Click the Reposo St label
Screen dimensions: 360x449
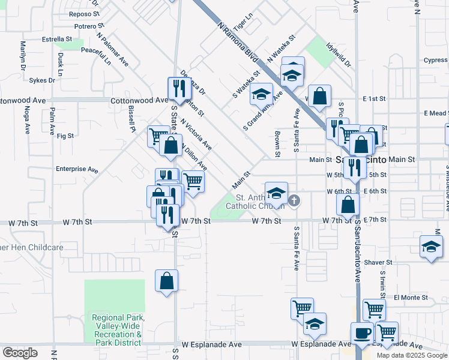tap(84, 13)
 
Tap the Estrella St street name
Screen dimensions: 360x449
tap(57, 39)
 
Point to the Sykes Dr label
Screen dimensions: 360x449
tap(42, 80)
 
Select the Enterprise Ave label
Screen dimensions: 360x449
tap(76, 170)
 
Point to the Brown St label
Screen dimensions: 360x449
tap(278, 145)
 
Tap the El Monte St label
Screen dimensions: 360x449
tap(411, 298)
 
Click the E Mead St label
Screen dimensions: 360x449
tap(435, 113)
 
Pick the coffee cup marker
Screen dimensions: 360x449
tap(363, 333)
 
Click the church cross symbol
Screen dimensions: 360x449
tap(294, 200)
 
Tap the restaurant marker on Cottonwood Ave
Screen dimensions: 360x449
tap(179, 89)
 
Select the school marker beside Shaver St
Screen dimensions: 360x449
tap(431, 247)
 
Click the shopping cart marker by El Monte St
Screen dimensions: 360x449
tap(374, 310)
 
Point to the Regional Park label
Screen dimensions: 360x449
tap(117, 330)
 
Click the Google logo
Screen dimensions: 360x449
tap(20, 353)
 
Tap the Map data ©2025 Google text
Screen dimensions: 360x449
tap(411, 355)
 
